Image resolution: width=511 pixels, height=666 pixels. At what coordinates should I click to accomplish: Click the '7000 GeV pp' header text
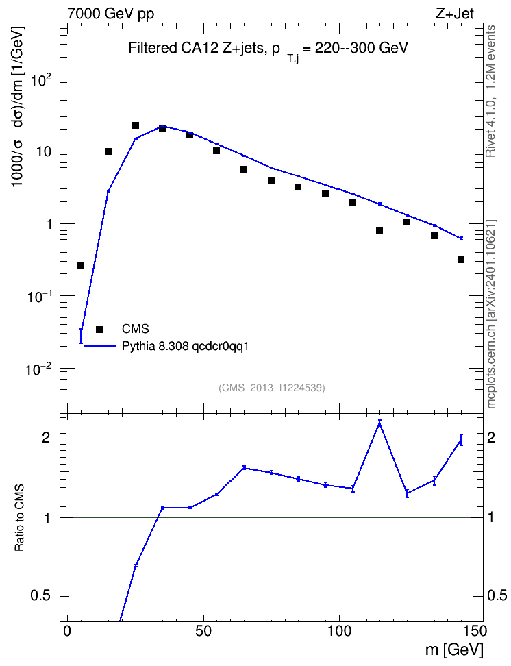pos(110,14)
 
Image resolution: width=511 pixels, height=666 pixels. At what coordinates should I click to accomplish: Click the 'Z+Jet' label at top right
pos(455,14)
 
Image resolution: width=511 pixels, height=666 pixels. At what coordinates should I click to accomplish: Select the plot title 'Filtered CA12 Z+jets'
pos(196,47)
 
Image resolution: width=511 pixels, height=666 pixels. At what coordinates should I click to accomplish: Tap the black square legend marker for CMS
pos(99,329)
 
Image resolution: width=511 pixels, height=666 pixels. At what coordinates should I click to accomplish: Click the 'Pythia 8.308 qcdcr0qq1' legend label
pos(185,347)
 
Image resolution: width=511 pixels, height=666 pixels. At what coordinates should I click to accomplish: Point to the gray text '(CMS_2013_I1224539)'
pos(272,388)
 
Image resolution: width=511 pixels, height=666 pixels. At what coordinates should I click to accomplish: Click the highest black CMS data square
pos(136,125)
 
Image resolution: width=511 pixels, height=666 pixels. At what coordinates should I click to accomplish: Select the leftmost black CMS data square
pos(81,265)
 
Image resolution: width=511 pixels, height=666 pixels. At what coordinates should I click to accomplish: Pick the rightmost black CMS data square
pos(461,260)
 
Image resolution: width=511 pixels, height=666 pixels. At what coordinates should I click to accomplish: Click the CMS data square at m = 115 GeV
pos(379,230)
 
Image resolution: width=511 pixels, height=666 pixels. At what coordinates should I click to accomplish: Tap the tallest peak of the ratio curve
pos(379,423)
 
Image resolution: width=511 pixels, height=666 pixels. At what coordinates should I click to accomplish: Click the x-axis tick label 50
pos(203,631)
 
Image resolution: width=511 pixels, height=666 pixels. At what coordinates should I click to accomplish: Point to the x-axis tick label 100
pos(339,631)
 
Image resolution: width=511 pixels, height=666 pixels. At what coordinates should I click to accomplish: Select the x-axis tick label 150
pos(474,631)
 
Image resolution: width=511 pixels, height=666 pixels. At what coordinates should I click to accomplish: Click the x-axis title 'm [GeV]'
pos(455,650)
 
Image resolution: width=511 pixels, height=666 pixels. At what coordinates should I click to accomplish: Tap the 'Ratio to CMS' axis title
pos(20,518)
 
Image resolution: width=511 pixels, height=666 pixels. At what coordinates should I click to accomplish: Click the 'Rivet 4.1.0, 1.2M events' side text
pos(490,91)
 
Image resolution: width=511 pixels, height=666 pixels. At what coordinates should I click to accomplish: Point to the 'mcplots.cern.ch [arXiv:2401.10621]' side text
pos(490,314)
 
